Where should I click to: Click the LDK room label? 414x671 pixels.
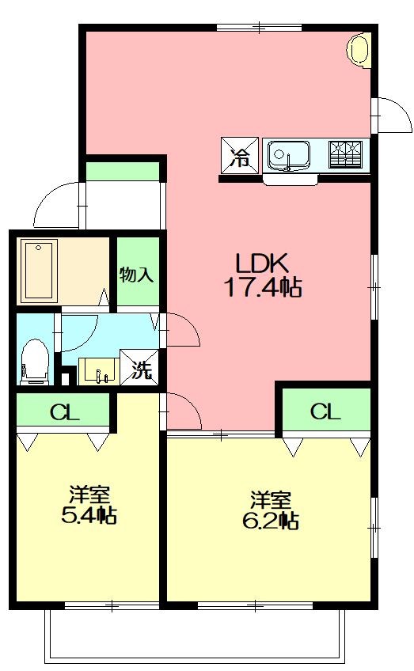coord(263,263)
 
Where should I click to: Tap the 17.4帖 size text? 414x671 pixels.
coord(263,287)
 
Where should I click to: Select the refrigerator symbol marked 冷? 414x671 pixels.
coord(239,155)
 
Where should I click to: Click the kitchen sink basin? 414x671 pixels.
coord(289,155)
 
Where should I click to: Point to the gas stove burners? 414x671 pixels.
coord(345,154)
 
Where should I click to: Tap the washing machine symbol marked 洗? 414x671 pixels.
coord(139,367)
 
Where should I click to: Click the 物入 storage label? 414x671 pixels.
coord(137,275)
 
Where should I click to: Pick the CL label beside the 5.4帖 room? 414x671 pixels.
coord(65,413)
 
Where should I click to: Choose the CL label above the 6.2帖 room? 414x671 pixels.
coord(325,411)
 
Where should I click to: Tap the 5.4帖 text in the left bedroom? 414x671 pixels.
coord(89,515)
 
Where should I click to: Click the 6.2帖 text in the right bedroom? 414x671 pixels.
coord(271,521)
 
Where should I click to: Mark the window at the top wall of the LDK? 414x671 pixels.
coord(259,28)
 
